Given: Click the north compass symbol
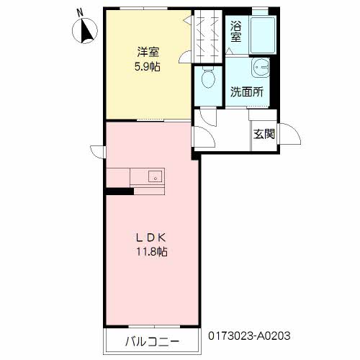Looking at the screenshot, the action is pyautogui.click(x=85, y=31).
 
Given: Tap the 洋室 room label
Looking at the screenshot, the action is pyautogui.click(x=148, y=52).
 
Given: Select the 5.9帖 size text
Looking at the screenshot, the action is pyautogui.click(x=148, y=66).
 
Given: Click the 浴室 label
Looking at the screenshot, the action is pyautogui.click(x=235, y=32).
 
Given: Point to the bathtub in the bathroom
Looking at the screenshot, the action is pyautogui.click(x=263, y=35).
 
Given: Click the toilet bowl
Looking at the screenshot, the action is pyautogui.click(x=208, y=78).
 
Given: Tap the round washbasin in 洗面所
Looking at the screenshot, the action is pyautogui.click(x=261, y=67).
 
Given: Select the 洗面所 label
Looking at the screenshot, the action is pyautogui.click(x=247, y=91).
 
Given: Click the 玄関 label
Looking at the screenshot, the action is pyautogui.click(x=264, y=134).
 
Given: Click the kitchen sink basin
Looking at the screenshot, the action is pyautogui.click(x=156, y=176).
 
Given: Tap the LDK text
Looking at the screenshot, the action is pyautogui.click(x=151, y=238).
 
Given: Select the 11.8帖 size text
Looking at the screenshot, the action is pyautogui.click(x=152, y=252).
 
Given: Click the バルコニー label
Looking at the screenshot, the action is pyautogui.click(x=152, y=341).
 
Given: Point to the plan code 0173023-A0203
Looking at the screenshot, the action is pyautogui.click(x=249, y=336).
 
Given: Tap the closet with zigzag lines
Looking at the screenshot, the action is pyautogui.click(x=207, y=36).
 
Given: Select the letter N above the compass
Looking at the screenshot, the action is pyautogui.click(x=80, y=12).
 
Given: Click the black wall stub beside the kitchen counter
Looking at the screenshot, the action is pyautogui.click(x=120, y=192).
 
